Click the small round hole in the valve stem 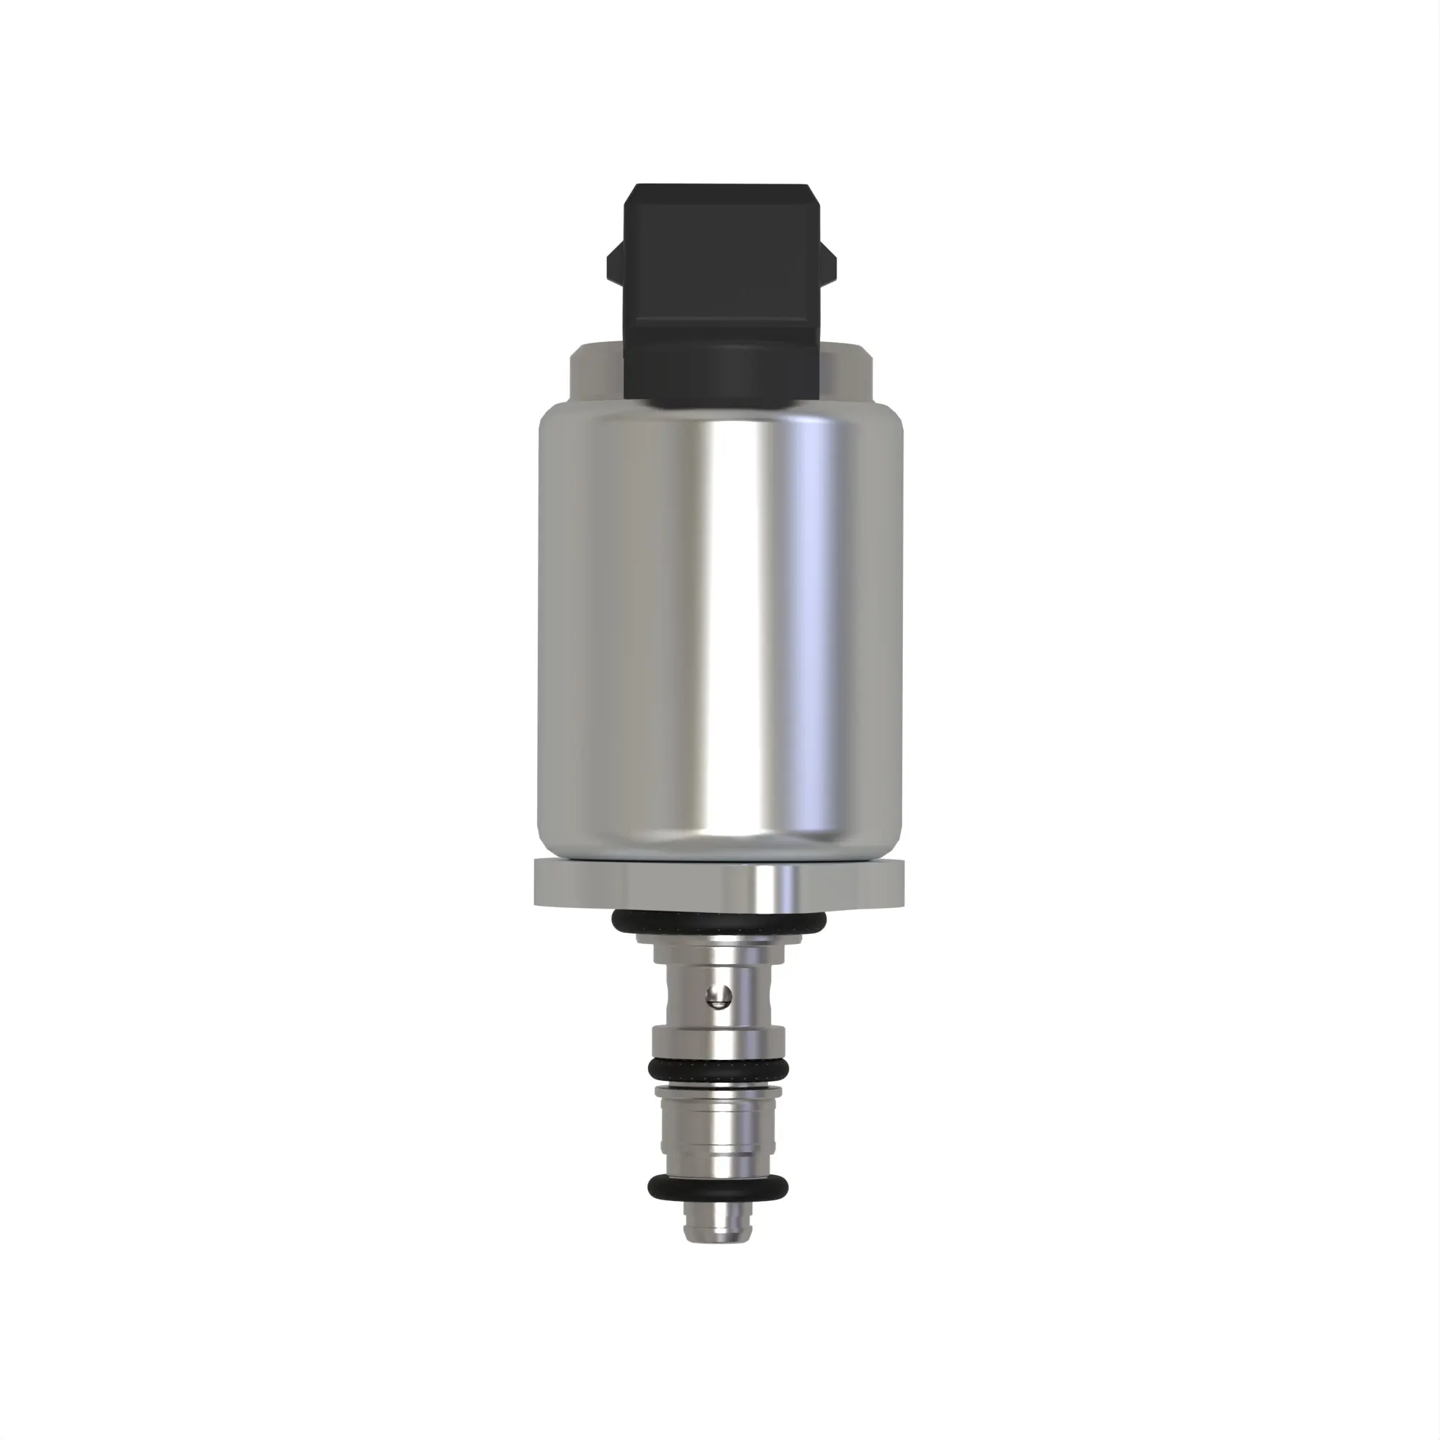click(x=719, y=996)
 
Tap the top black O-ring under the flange click(x=719, y=924)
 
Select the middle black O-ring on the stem click(x=719, y=1070)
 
